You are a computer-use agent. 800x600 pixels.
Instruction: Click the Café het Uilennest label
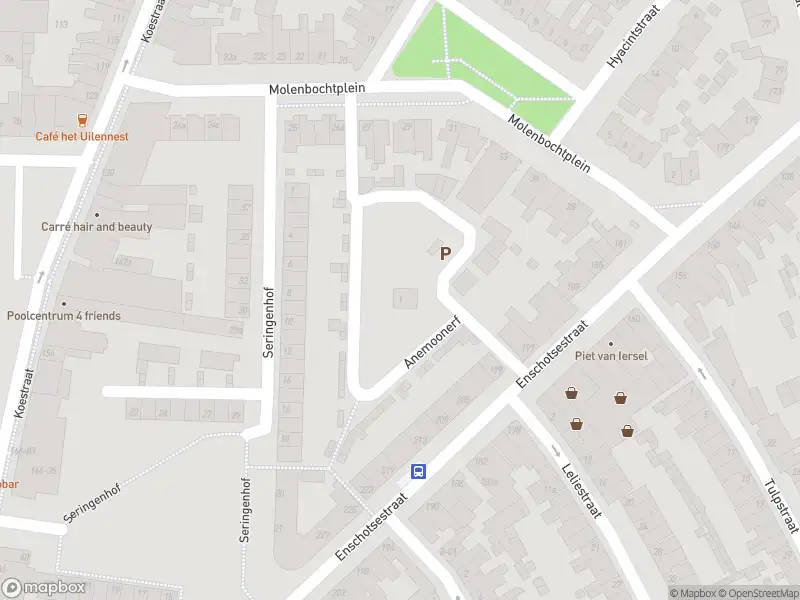pos(82,136)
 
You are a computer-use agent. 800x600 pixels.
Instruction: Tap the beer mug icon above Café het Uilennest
pos(82,119)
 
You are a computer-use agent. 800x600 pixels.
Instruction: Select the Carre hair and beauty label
pos(97,227)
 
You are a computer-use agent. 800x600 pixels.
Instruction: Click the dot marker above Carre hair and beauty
pos(97,214)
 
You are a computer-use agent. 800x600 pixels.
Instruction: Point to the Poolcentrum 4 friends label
pos(63,316)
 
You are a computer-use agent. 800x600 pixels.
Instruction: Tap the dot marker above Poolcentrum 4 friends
pos(63,303)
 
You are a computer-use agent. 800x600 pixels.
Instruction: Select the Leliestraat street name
pos(579,489)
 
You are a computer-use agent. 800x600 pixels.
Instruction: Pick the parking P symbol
pos(445,253)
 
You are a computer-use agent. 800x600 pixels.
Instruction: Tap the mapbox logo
pos(44,588)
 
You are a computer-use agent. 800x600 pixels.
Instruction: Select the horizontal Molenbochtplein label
pos(317,89)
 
